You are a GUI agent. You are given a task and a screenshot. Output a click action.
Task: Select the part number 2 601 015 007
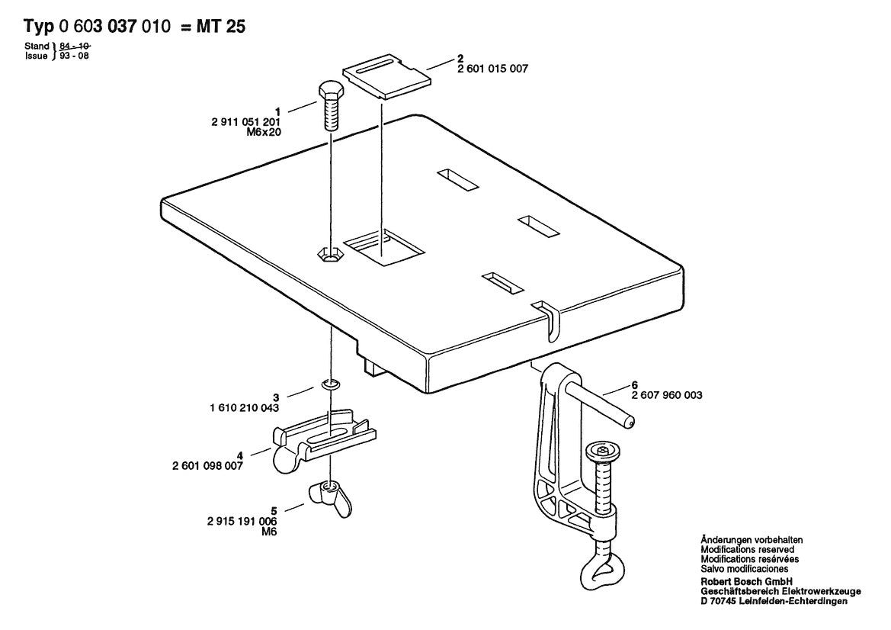[x=492, y=69]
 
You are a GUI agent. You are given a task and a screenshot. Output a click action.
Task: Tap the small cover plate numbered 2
[x=384, y=76]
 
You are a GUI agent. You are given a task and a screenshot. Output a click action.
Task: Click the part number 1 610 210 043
[x=243, y=408]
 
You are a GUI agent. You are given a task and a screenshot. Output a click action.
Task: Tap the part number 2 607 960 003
[x=667, y=396]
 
